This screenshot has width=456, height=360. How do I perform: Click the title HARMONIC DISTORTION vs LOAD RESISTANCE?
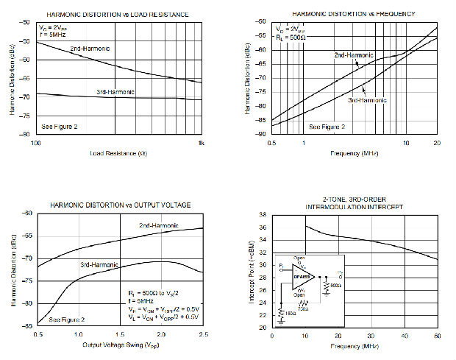118,15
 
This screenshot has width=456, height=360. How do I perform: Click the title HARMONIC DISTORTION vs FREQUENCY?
353,14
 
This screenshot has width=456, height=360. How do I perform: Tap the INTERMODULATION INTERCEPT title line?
353,207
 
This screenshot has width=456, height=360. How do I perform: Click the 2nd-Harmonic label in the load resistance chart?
90,48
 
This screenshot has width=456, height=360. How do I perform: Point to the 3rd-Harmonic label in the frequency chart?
366,99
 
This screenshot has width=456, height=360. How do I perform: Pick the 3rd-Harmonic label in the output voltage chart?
99,263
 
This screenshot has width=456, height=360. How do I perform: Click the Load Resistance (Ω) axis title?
118,153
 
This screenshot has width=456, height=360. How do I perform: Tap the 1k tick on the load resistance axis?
201,141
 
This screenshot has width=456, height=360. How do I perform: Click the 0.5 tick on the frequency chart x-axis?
271,142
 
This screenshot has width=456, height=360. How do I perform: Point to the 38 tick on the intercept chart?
263,215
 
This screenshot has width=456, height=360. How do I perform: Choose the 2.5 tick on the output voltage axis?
202,333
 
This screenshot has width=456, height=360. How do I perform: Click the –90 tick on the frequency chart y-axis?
261,134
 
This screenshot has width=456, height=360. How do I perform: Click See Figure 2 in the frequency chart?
326,127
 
